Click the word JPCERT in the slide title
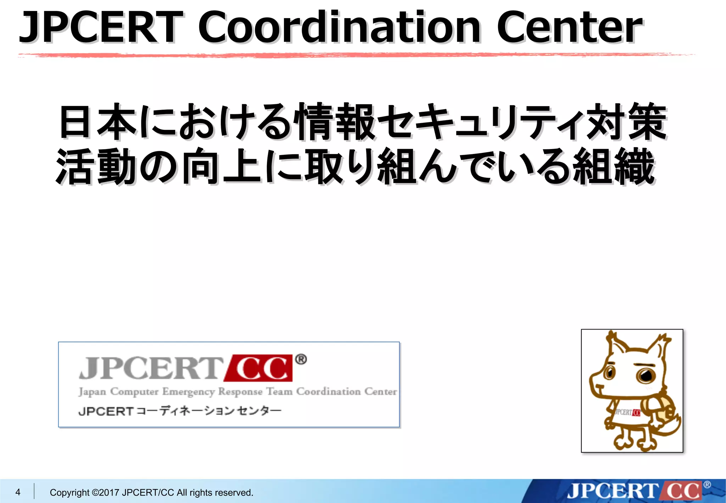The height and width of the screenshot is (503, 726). pos(101,27)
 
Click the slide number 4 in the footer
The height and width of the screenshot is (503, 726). pos(18,492)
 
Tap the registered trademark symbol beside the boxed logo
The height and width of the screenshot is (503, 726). pos(301,360)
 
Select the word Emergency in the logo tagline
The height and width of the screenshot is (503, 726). pos(189,392)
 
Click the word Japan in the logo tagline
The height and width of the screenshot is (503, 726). pos(92,392)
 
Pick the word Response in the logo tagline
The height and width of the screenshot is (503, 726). pos(240,392)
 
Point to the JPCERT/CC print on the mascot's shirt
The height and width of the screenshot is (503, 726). pos(627,412)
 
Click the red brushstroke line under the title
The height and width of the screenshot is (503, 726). pos(354,55)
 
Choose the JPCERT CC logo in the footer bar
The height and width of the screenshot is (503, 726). pos(635,491)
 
